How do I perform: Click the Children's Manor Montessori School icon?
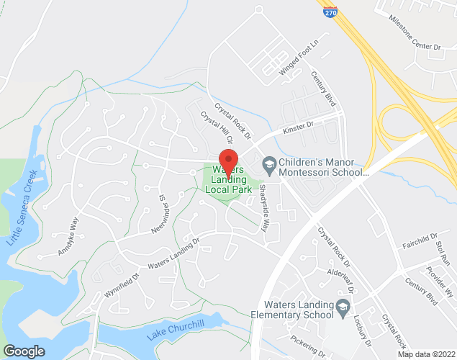[268, 165]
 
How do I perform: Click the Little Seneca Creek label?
[22, 208]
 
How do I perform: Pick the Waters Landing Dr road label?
[173, 255]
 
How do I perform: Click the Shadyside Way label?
[263, 207]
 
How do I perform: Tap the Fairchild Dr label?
[420, 238]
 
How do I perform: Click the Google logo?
[24, 351]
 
